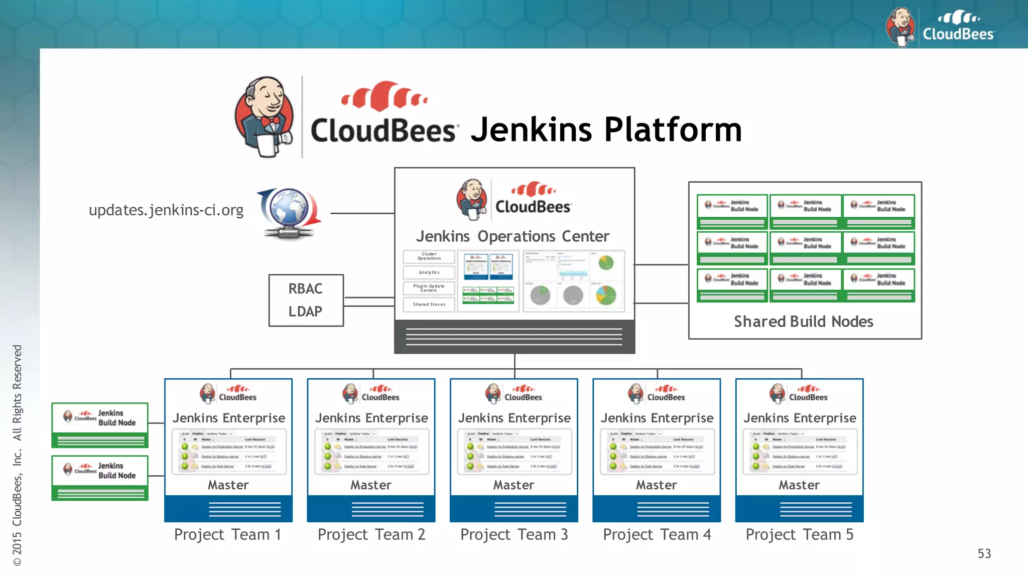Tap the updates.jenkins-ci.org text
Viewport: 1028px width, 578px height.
tap(166, 210)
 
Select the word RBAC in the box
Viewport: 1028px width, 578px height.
tap(305, 289)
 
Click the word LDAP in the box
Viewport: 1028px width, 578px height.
tap(305, 312)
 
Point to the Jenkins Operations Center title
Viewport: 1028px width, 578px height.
tap(512, 236)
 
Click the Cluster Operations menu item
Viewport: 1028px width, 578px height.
tap(429, 256)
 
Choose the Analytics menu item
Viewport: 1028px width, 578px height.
tap(429, 272)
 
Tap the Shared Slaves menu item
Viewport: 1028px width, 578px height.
tap(429, 305)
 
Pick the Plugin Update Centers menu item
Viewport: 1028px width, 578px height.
tap(429, 288)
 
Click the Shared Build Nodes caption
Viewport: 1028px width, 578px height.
tap(804, 322)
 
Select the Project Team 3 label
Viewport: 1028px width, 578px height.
tap(514, 535)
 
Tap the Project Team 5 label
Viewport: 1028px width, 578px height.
tap(799, 535)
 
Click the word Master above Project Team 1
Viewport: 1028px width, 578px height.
tap(228, 485)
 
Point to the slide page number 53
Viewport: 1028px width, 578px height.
tap(984, 554)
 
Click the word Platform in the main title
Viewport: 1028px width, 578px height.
tap(673, 130)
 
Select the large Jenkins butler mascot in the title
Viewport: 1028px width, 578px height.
tap(265, 116)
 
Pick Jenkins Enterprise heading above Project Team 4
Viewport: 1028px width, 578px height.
tap(657, 418)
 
